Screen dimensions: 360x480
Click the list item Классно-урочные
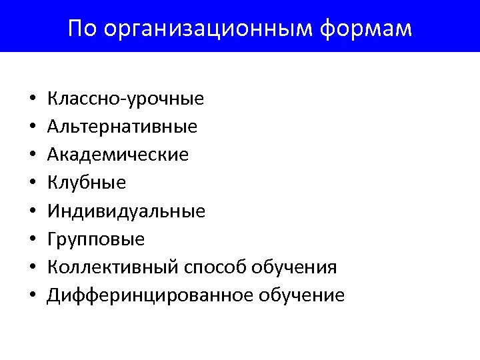(x=125, y=99)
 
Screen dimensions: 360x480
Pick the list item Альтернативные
(x=122, y=127)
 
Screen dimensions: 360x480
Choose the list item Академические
(x=118, y=155)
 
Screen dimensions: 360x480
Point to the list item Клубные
(x=87, y=183)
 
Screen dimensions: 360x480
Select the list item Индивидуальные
(x=126, y=211)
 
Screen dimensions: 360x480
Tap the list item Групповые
(x=96, y=239)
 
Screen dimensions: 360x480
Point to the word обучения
(x=294, y=267)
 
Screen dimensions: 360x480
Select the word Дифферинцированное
(x=147, y=295)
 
